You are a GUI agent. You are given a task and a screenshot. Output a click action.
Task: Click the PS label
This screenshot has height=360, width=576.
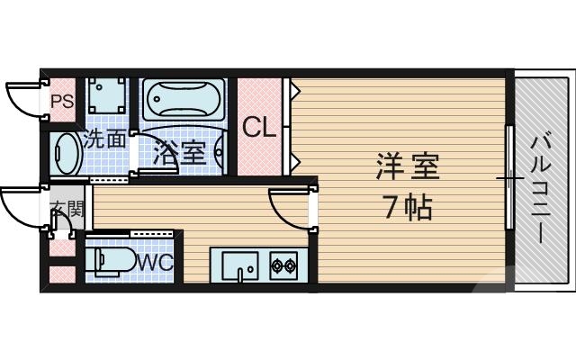click(x=61, y=101)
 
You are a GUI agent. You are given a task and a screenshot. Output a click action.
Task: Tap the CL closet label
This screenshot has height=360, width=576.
click(x=259, y=127)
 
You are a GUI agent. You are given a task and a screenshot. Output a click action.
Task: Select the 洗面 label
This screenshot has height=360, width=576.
click(x=104, y=139)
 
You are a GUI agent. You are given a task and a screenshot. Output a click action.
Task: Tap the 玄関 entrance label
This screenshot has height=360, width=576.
click(x=65, y=212)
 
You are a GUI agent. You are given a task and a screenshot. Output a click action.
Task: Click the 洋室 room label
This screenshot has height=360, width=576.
click(x=407, y=168)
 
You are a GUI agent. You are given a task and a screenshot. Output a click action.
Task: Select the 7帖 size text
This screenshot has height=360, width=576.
click(x=407, y=208)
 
